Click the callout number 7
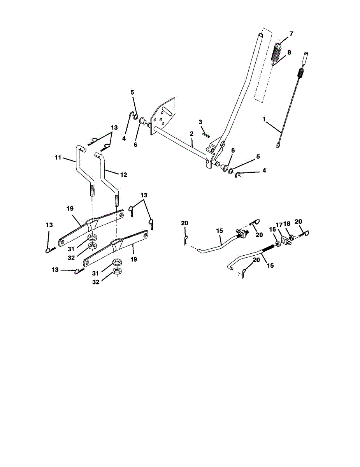(291, 34)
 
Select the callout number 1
(264, 120)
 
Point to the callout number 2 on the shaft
(191, 134)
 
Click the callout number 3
(200, 122)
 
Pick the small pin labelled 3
(206, 134)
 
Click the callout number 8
(289, 52)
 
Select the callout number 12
(123, 175)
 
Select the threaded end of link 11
(92, 191)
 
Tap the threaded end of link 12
(116, 200)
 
